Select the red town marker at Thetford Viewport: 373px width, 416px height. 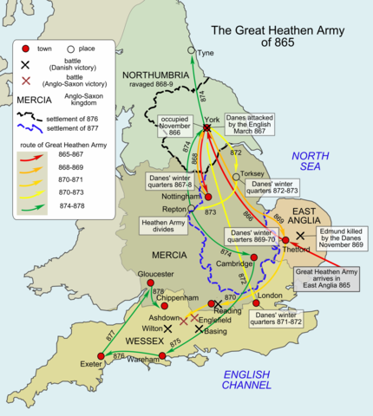(285, 240)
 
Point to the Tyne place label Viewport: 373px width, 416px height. (206, 53)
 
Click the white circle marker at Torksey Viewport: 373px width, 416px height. (236, 176)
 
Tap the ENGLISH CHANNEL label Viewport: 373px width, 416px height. (246, 378)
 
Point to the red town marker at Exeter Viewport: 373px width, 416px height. (101, 355)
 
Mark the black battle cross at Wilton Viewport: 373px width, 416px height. (167, 328)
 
